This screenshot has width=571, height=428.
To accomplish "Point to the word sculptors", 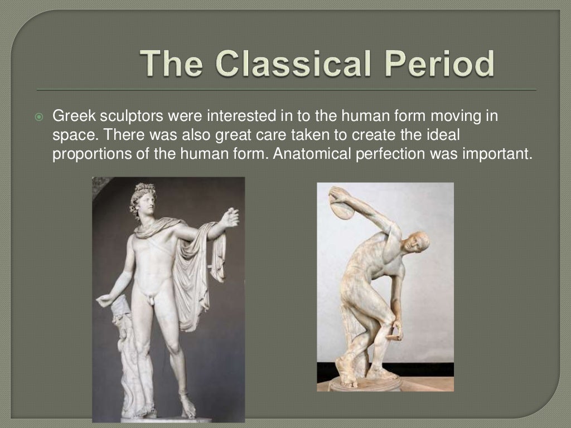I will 125,117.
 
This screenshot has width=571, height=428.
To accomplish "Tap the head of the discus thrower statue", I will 417,243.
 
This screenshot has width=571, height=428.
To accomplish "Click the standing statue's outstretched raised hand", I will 229,217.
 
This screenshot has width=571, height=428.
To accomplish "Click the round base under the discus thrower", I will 365,384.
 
